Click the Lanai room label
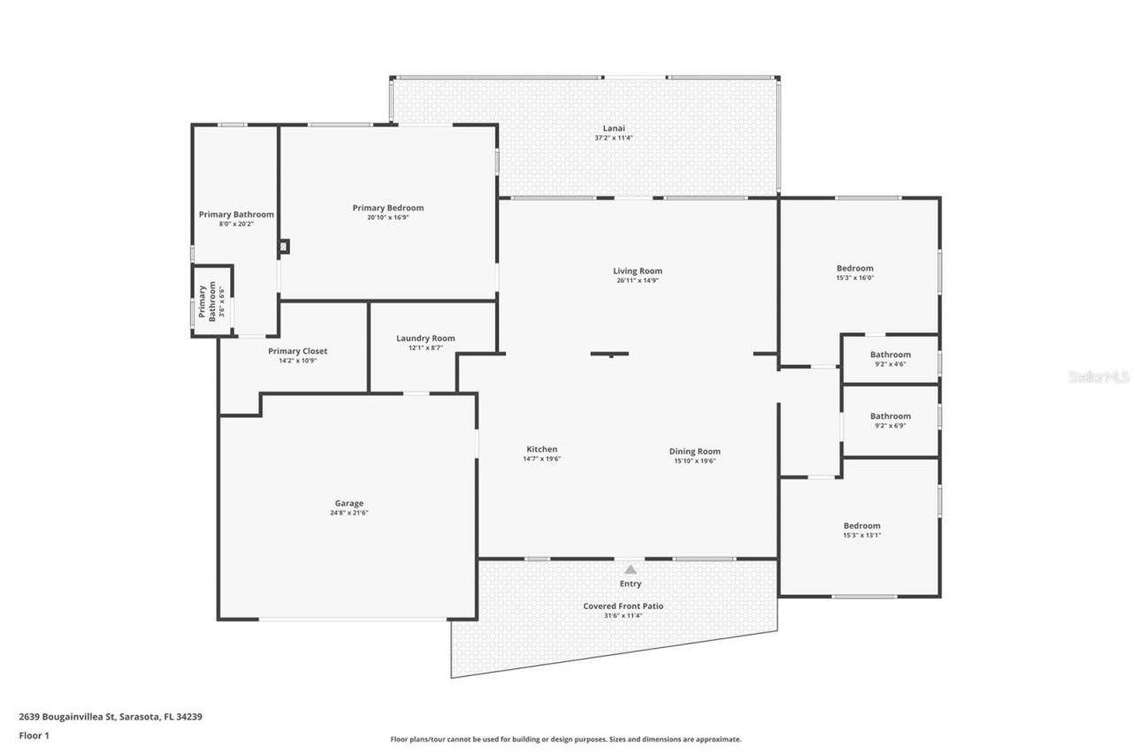614,128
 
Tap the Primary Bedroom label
388,208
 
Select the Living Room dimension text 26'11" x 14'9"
638,281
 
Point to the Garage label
349,503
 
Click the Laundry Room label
425,339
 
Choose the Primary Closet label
298,351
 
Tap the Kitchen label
542,449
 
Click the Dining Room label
695,452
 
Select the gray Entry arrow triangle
631,569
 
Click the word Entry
631,583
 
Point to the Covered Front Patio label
623,606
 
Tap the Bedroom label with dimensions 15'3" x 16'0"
855,268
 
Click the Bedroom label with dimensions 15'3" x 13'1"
861,526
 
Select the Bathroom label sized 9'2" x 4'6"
891,354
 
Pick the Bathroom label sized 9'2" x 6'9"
891,416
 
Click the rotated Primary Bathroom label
207,301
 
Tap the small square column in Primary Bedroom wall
285,247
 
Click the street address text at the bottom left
111,717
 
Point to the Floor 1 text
34,735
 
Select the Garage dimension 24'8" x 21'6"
349,513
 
